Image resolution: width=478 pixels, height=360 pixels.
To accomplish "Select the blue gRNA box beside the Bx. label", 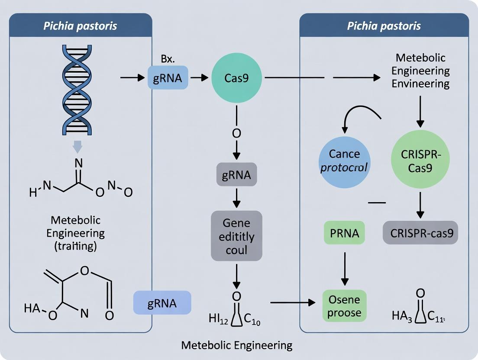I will coord(168,78).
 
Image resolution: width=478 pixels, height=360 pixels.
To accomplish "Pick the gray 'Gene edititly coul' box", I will coord(236,236).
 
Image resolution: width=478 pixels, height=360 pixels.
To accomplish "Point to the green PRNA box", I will coord(344,233).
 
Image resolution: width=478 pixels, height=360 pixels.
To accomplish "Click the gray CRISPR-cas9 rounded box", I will coord(420,233).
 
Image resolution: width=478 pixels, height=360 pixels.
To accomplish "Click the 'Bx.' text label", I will coord(167,58).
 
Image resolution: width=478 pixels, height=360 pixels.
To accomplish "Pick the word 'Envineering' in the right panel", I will coord(420,84).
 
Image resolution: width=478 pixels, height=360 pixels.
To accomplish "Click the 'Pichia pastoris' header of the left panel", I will coord(81,26).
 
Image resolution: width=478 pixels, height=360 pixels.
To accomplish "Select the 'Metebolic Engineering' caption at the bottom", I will coord(236,345).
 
